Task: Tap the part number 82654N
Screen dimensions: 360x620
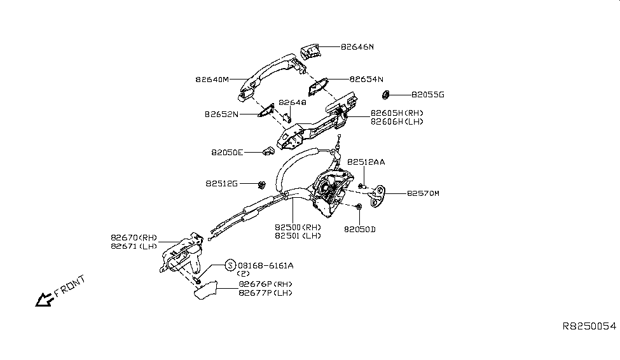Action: click(366, 80)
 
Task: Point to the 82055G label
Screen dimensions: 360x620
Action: click(427, 95)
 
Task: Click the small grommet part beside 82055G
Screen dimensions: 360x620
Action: click(385, 95)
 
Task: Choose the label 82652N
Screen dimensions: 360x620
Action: click(221, 114)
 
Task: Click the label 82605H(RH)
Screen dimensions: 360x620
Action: click(397, 113)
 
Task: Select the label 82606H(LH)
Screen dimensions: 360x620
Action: click(397, 121)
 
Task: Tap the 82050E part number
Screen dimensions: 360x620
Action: click(227, 153)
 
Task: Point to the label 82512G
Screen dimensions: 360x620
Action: click(221, 183)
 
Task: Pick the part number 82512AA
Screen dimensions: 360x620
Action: click(366, 162)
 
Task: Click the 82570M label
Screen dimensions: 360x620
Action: click(423, 193)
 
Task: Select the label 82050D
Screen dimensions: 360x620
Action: click(360, 228)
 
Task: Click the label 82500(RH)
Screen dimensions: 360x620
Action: click(298, 227)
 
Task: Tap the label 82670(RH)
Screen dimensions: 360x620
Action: click(133, 237)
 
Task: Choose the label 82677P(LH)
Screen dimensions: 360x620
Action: click(266, 293)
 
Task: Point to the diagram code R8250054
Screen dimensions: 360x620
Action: click(589, 325)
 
